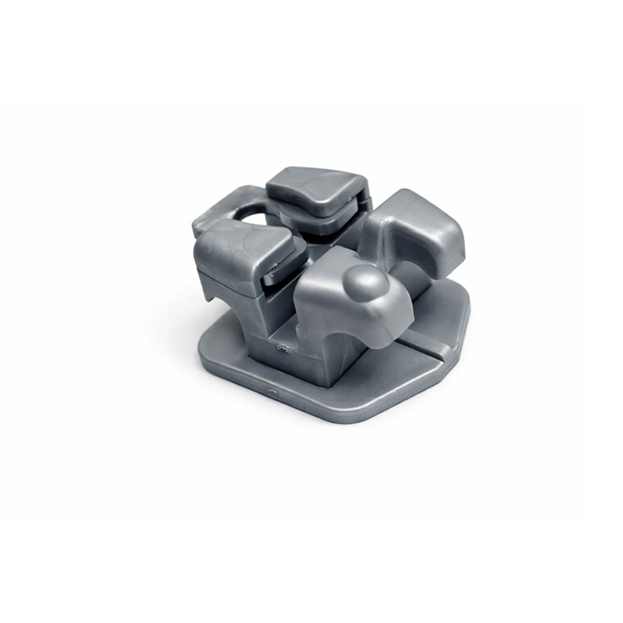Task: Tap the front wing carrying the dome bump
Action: click(350, 300)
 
